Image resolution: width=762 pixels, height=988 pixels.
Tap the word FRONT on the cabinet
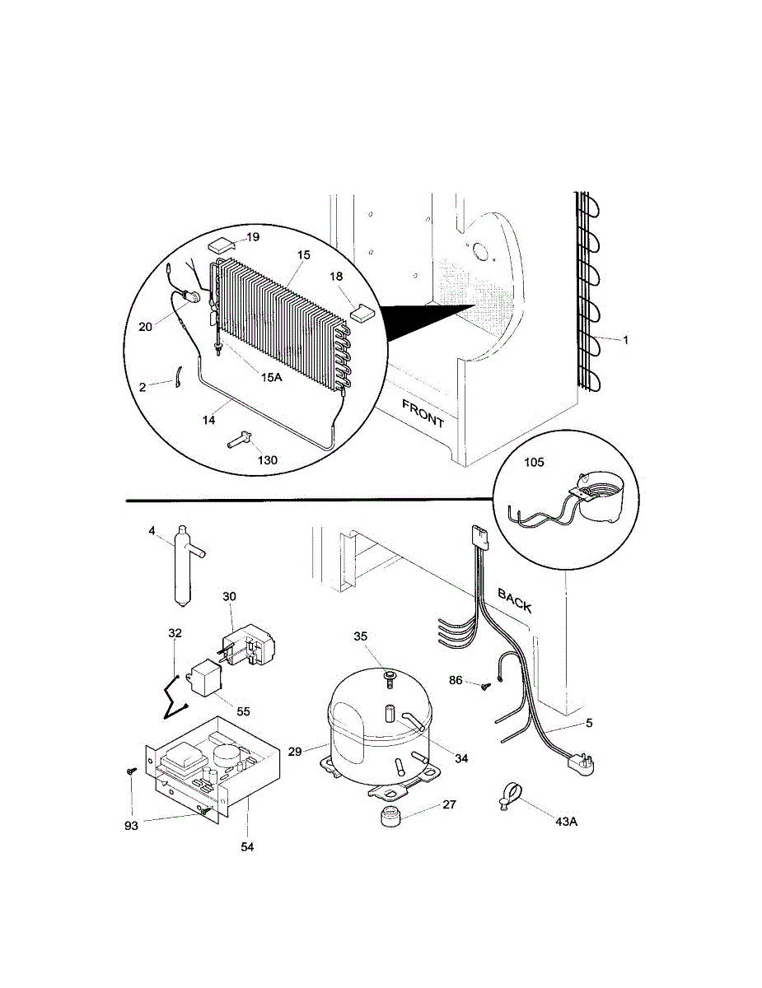pos(423,412)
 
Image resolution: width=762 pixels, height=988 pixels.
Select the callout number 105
pos(534,463)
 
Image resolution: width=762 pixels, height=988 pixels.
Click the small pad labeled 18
pos(362,311)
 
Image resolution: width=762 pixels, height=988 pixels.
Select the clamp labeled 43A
pos(507,796)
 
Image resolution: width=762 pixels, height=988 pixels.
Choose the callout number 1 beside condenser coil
pos(625,340)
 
